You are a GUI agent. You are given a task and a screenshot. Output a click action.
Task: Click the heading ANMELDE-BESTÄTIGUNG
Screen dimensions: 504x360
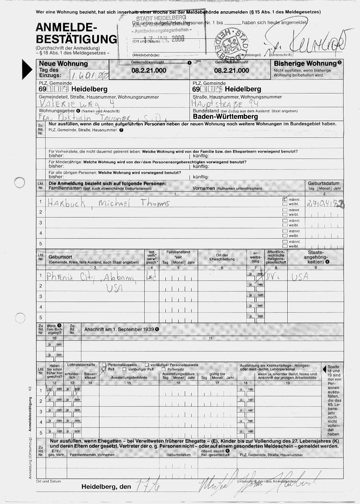(76, 34)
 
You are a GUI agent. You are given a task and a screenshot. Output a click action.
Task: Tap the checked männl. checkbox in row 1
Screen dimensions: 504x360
(285, 200)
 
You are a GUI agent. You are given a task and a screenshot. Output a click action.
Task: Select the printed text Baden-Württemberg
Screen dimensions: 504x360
(225, 117)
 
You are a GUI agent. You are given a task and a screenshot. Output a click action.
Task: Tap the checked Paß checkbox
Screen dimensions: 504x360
(104, 369)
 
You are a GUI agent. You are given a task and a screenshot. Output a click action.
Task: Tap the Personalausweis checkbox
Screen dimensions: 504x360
(104, 364)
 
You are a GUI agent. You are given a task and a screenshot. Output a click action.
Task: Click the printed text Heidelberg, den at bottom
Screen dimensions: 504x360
(106, 487)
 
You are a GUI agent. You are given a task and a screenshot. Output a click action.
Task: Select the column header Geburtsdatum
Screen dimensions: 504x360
(324, 183)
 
